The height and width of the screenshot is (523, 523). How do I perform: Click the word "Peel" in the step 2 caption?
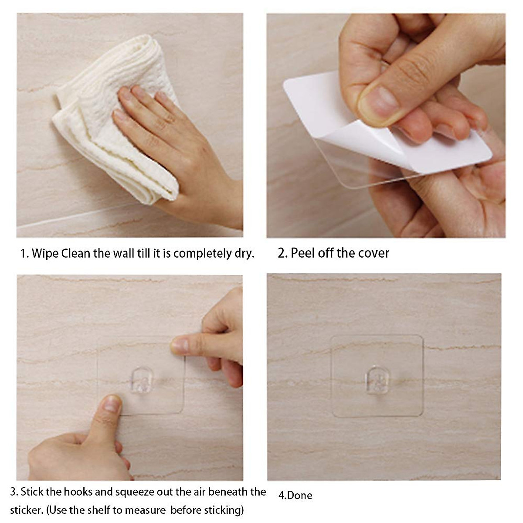tap(303, 253)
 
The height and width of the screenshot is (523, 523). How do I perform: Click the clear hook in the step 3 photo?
tap(142, 380)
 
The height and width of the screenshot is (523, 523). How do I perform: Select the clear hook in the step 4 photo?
tap(377, 380)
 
